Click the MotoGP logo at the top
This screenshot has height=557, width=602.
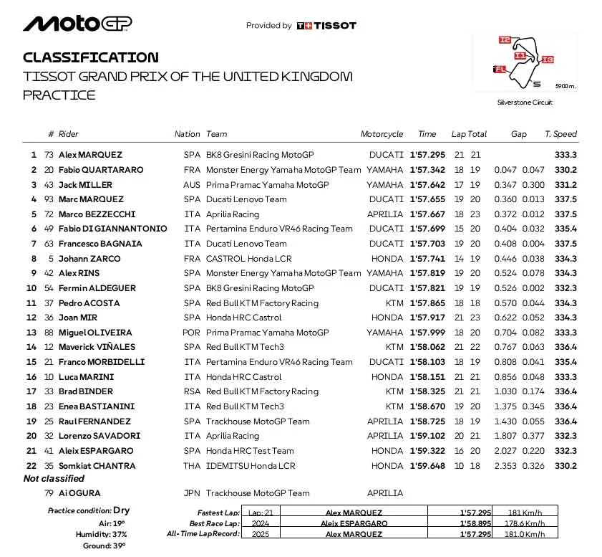tap(77, 24)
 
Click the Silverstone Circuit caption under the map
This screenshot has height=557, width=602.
tap(525, 103)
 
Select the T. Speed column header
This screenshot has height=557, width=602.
tap(560, 134)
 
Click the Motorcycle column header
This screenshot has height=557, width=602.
tap(382, 134)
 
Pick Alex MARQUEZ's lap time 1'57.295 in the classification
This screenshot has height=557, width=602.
tap(427, 155)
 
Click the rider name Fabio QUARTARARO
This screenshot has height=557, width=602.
tap(101, 170)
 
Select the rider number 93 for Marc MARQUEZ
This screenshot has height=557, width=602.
tap(49, 199)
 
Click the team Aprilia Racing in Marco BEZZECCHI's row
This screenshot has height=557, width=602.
tap(232, 214)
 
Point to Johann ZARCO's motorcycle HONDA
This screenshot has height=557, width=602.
tap(387, 259)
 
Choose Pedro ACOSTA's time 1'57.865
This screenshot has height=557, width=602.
tap(427, 303)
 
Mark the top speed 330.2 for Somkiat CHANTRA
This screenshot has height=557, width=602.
tap(565, 466)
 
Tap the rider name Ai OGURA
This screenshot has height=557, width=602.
tap(79, 493)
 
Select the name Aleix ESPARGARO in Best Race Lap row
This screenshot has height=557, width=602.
tap(351, 523)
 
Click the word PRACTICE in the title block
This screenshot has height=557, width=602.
tap(59, 95)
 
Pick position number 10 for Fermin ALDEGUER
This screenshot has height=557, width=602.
tap(31, 288)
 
